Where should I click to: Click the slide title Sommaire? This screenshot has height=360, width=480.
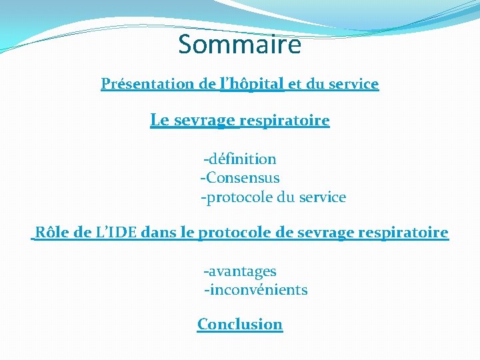pos(240,45)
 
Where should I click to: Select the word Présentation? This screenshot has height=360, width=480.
pos(148,84)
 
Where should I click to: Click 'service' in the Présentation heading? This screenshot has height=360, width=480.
pos(353,84)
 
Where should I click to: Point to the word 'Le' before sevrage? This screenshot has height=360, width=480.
pos(159,121)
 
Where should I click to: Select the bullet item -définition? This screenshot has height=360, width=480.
pos(240,159)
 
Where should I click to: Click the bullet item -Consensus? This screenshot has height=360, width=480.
pos(240,178)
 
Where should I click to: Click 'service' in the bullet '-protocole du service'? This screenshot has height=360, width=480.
pos(323,197)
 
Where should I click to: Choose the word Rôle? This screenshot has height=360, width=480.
pos(52,233)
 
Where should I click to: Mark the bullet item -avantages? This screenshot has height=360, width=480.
pos(240,271)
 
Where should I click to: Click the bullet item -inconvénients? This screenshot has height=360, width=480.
pos(256,290)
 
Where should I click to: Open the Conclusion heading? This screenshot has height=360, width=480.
pos(240,325)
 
